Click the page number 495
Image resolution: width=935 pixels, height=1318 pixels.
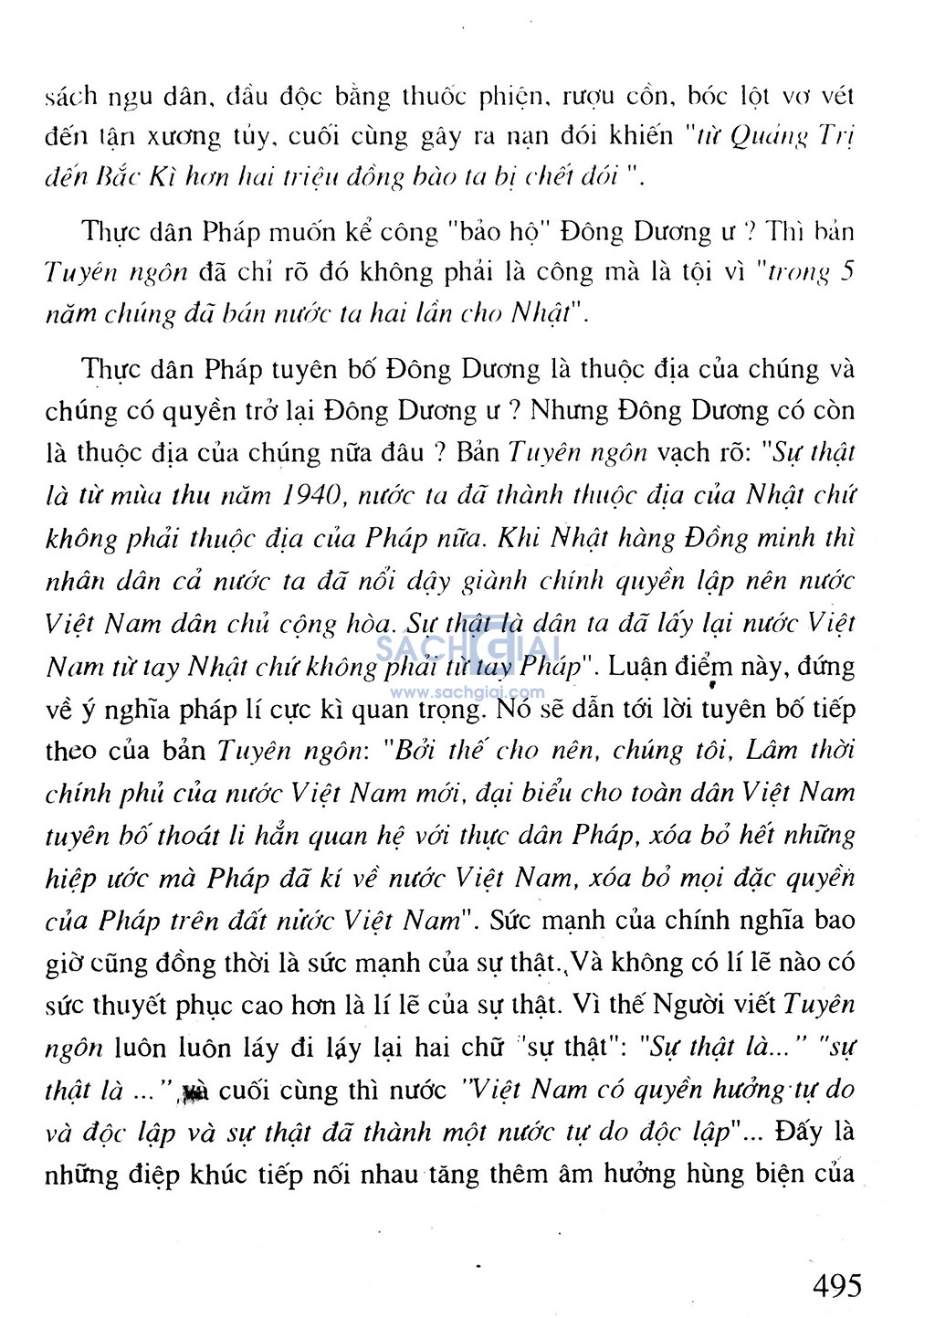click(x=836, y=1285)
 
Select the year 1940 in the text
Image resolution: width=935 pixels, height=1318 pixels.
click(x=310, y=496)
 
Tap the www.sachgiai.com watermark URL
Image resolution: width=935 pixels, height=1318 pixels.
click(x=467, y=693)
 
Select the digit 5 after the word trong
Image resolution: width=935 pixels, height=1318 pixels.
click(x=846, y=272)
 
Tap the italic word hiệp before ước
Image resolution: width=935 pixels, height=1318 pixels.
click(x=69, y=879)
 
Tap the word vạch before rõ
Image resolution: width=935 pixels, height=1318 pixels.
click(x=682, y=453)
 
